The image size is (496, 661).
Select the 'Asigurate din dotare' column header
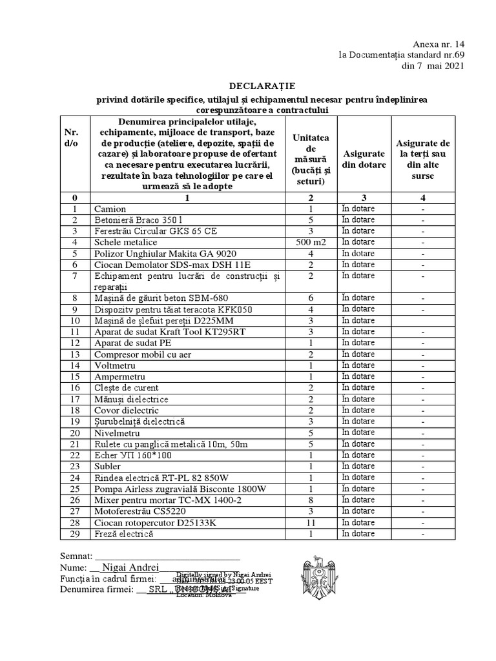coord(364,159)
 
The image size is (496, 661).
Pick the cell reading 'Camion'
coord(110,209)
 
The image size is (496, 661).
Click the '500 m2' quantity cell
coord(310,243)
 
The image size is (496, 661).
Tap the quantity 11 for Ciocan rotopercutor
coord(310,523)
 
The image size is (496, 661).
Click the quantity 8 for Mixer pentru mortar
coord(310,500)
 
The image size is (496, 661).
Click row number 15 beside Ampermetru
coord(75,376)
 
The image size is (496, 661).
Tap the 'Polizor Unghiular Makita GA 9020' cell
coord(165,254)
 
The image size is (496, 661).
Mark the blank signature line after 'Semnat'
coord(168,556)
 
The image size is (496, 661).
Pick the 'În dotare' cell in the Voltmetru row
coord(358,365)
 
